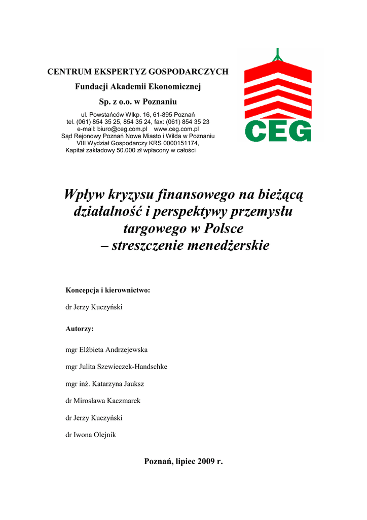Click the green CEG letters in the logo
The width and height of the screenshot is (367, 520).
click(278, 131)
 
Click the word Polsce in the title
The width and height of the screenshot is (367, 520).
click(224, 229)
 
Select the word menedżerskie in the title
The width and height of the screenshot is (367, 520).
click(219, 246)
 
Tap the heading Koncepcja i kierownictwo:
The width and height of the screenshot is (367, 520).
click(108, 290)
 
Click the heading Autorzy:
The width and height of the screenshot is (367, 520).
click(80, 329)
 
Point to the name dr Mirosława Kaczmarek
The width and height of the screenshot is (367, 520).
click(103, 401)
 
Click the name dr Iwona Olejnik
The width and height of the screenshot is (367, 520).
click(91, 435)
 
